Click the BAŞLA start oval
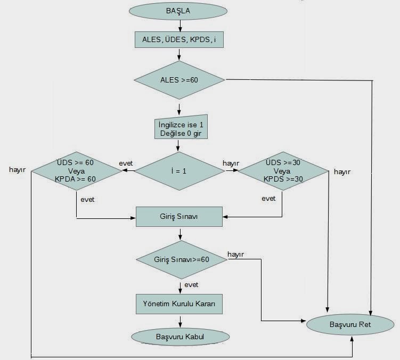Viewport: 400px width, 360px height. click(179, 11)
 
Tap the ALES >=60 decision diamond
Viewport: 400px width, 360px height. click(179, 80)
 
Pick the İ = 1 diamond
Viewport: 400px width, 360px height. click(179, 171)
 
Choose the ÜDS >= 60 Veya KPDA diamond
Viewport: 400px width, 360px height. click(77, 171)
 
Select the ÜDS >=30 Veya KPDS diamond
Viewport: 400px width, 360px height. click(283, 171)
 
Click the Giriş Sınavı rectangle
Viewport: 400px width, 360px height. click(179, 216)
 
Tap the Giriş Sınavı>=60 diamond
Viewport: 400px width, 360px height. click(182, 259)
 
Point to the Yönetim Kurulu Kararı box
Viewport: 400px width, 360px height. click(179, 304)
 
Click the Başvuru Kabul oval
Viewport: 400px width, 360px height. click(180, 337)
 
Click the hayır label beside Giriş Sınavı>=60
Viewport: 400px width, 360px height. click(235, 255)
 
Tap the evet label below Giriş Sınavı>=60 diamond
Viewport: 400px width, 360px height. click(192, 285)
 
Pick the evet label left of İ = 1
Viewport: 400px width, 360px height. click(126, 163)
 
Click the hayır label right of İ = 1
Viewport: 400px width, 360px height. click(230, 163)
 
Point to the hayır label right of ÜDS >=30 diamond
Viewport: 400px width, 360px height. click(342, 171)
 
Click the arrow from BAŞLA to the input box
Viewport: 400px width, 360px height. click(180, 24)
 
